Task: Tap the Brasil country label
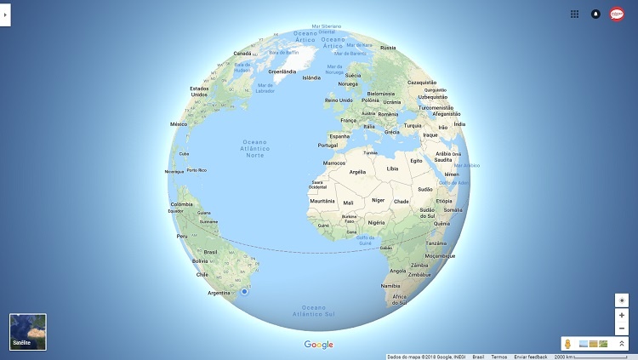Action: (x=210, y=252)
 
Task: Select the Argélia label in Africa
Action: (x=358, y=172)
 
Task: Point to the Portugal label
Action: (x=328, y=145)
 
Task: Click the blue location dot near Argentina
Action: (x=244, y=292)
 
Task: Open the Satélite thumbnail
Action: (x=28, y=332)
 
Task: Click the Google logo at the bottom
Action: (x=319, y=345)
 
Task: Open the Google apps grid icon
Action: (x=575, y=14)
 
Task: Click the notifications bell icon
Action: (x=595, y=14)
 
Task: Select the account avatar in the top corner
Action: (x=618, y=14)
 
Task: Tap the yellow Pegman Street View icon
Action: (x=567, y=344)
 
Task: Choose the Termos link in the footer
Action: (x=498, y=357)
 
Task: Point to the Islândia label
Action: (x=311, y=77)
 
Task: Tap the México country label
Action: (x=179, y=124)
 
